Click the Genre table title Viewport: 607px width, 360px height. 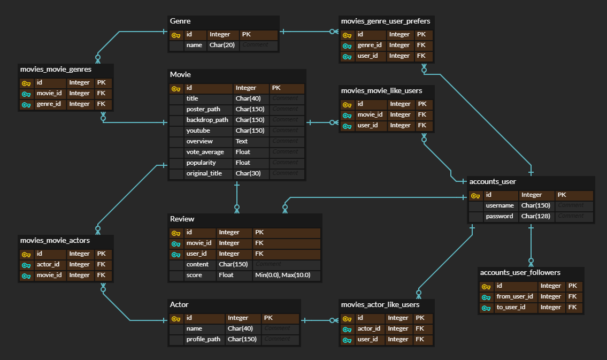(x=180, y=21)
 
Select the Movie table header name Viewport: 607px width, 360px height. (x=180, y=75)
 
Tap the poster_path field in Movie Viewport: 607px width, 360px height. (x=203, y=109)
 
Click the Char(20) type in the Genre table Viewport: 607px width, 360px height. (x=222, y=45)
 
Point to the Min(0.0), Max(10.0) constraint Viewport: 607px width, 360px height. (x=286, y=275)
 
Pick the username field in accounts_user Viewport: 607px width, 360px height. (x=500, y=205)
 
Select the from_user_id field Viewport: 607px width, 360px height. (x=514, y=296)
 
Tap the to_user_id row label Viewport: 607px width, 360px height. (x=511, y=307)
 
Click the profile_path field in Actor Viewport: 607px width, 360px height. (x=203, y=339)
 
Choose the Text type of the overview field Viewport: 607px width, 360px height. (x=242, y=141)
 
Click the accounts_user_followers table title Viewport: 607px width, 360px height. (x=520, y=273)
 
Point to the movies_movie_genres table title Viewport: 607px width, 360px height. (x=56, y=70)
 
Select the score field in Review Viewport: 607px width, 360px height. (x=194, y=275)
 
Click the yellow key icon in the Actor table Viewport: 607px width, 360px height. (x=176, y=318)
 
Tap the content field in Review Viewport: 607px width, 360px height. (x=197, y=264)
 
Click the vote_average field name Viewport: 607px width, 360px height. (x=205, y=152)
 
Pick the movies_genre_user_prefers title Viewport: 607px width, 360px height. (x=385, y=21)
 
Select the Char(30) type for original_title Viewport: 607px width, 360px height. (x=248, y=173)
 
